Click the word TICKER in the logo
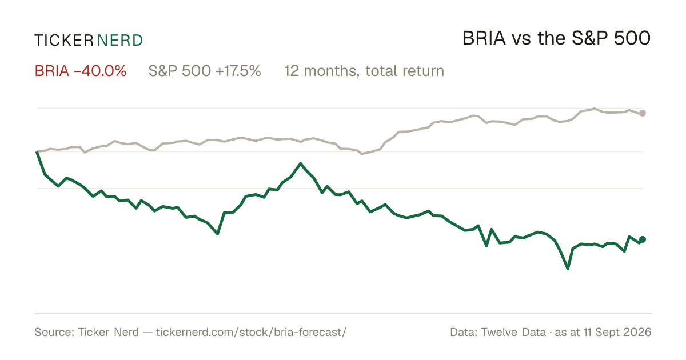tap(63, 41)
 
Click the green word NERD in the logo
tap(119, 41)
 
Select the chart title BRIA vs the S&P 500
tap(556, 38)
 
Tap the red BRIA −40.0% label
tap(81, 71)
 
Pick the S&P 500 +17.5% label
tap(205, 71)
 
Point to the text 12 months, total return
tap(364, 71)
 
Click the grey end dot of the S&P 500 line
tap(643, 113)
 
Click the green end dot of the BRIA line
tap(643, 239)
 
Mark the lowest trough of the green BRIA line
tap(568, 269)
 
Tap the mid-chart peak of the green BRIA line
tap(301, 163)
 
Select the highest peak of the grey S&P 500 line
tap(595, 109)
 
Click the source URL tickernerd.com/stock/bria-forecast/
tap(251, 332)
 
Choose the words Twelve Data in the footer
tap(513, 332)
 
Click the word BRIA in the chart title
tap(484, 38)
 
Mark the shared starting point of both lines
tap(37, 151)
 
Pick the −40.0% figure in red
tap(100, 71)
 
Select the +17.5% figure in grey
tap(238, 71)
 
